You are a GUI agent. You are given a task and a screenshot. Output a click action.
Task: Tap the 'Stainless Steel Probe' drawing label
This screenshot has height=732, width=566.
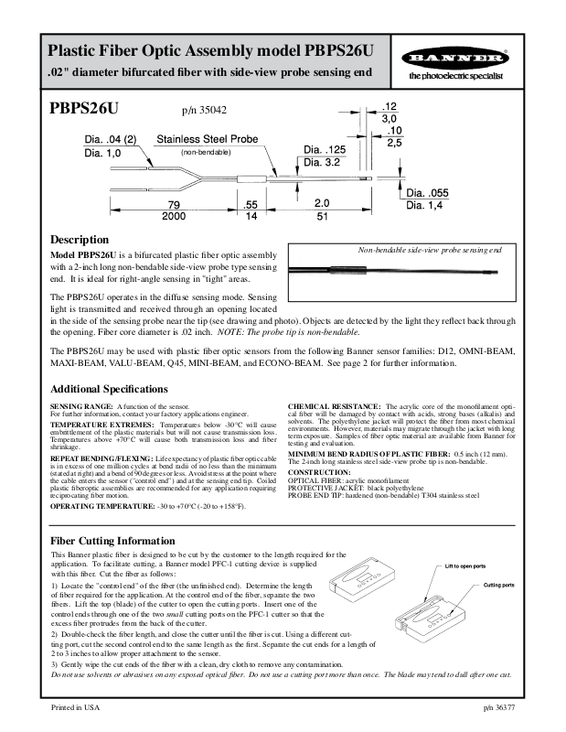click(207, 139)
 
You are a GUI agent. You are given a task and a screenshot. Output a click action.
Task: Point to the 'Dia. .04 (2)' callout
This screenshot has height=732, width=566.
click(111, 140)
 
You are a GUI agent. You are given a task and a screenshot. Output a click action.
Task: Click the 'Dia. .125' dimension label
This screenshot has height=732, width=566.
click(325, 149)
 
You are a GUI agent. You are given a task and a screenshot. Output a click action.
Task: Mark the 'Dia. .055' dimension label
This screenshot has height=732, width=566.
click(427, 193)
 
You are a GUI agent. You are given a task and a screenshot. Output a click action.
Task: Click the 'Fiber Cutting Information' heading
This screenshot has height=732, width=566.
click(112, 541)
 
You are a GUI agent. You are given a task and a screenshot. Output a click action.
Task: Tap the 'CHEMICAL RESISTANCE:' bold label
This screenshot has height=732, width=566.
click(334, 405)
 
